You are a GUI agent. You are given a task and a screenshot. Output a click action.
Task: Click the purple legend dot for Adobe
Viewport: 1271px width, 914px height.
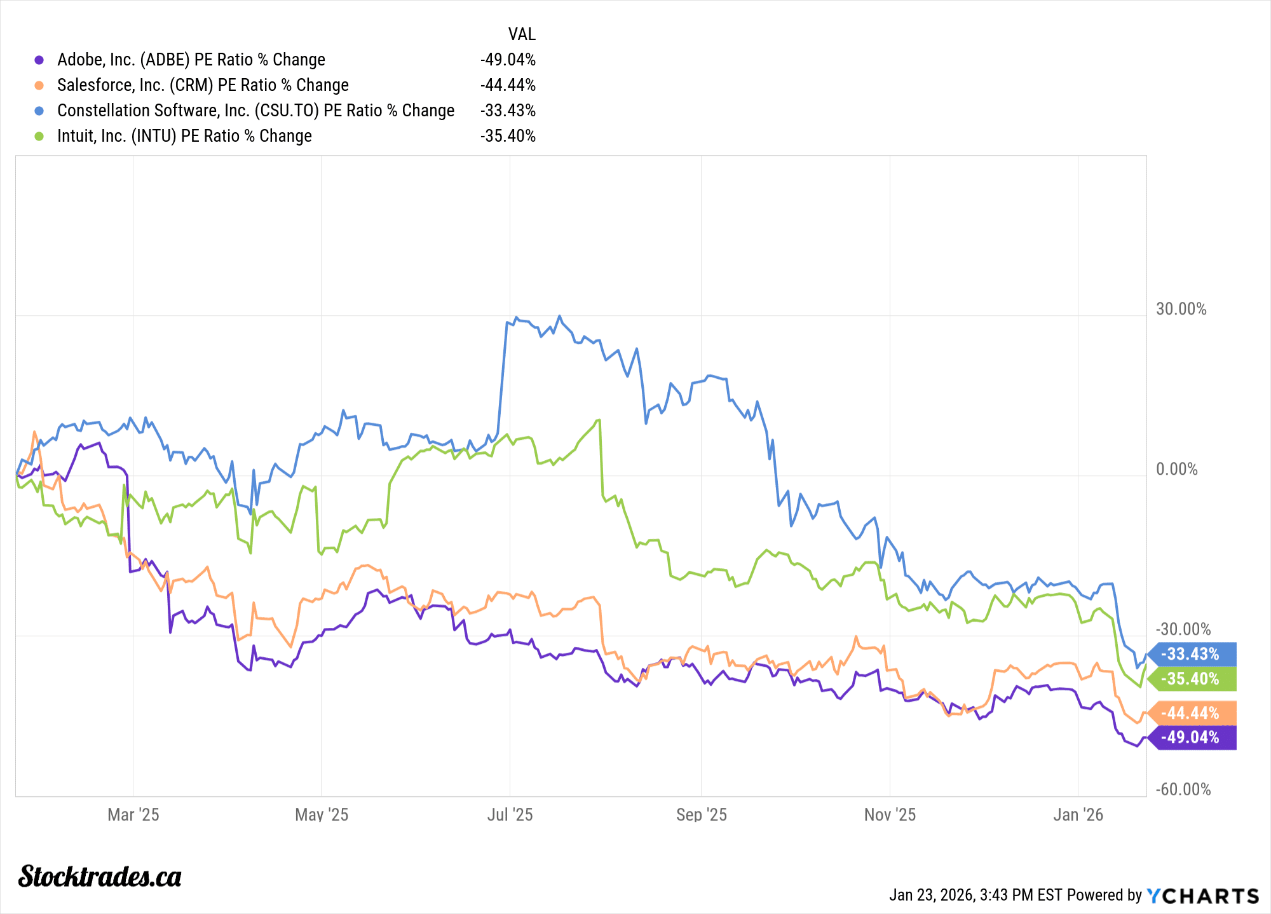(x=39, y=60)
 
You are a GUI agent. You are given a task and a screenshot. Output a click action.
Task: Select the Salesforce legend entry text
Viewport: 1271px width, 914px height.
(x=203, y=85)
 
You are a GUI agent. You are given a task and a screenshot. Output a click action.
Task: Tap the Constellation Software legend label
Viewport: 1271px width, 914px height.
(x=255, y=111)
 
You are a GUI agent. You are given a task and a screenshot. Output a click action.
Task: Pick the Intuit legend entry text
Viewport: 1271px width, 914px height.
(x=184, y=136)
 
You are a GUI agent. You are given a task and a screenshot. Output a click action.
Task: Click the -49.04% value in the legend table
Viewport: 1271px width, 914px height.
(x=508, y=60)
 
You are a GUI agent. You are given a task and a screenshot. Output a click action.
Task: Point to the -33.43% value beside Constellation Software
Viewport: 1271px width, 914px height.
(x=508, y=111)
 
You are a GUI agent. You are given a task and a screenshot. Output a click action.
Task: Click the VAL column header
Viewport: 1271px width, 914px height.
(x=522, y=34)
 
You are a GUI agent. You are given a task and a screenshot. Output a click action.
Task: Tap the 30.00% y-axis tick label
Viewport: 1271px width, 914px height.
(x=1181, y=309)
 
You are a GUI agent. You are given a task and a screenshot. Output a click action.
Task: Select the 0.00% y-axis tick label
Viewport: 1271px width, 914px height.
(x=1176, y=469)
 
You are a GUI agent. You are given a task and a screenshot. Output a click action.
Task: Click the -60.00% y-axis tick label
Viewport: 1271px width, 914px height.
(x=1183, y=789)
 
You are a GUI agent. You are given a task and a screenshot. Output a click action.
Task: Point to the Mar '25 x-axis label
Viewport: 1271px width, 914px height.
(x=133, y=815)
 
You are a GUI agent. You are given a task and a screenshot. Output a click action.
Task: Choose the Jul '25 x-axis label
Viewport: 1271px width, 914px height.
(x=510, y=815)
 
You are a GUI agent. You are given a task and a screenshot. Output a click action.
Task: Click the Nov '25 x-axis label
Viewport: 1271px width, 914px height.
(x=890, y=815)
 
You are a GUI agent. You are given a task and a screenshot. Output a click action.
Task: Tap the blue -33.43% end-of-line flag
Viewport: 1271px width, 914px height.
(x=1191, y=654)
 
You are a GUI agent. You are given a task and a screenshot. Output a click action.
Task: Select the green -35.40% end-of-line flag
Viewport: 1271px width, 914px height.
(x=1191, y=679)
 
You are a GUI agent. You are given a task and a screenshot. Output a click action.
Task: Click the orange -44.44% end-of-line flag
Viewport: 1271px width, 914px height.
(x=1191, y=713)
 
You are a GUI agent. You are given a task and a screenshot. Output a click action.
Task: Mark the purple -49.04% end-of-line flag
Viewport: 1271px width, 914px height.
(x=1191, y=737)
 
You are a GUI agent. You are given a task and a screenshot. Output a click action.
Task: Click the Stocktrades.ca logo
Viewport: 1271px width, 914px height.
(x=100, y=876)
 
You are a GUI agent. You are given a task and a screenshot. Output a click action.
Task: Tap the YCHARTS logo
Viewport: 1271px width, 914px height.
(x=1202, y=896)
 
